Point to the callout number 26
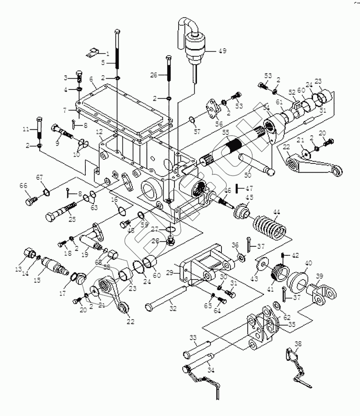(154, 75)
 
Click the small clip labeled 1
(94, 53)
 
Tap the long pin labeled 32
(166, 297)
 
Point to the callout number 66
(24, 186)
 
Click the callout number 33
(193, 337)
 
